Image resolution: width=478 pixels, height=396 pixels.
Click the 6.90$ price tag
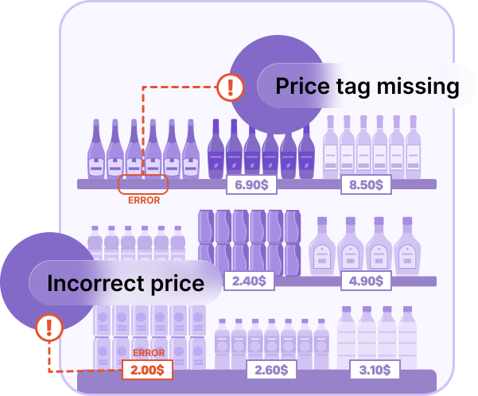coord(247,184)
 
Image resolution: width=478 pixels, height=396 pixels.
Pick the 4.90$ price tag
coord(366,281)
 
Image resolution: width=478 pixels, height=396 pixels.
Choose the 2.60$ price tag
coord(270,369)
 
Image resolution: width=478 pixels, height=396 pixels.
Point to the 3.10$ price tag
coord(374,369)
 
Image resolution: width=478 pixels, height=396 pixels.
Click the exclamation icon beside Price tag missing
coord(230,86)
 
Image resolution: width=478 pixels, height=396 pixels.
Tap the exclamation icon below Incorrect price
coord(49,325)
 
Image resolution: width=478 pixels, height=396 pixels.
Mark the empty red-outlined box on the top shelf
coord(143,184)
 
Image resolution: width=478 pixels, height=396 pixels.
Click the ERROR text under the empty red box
coord(144,200)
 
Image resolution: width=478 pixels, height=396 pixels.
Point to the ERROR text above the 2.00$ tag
coord(149,352)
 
